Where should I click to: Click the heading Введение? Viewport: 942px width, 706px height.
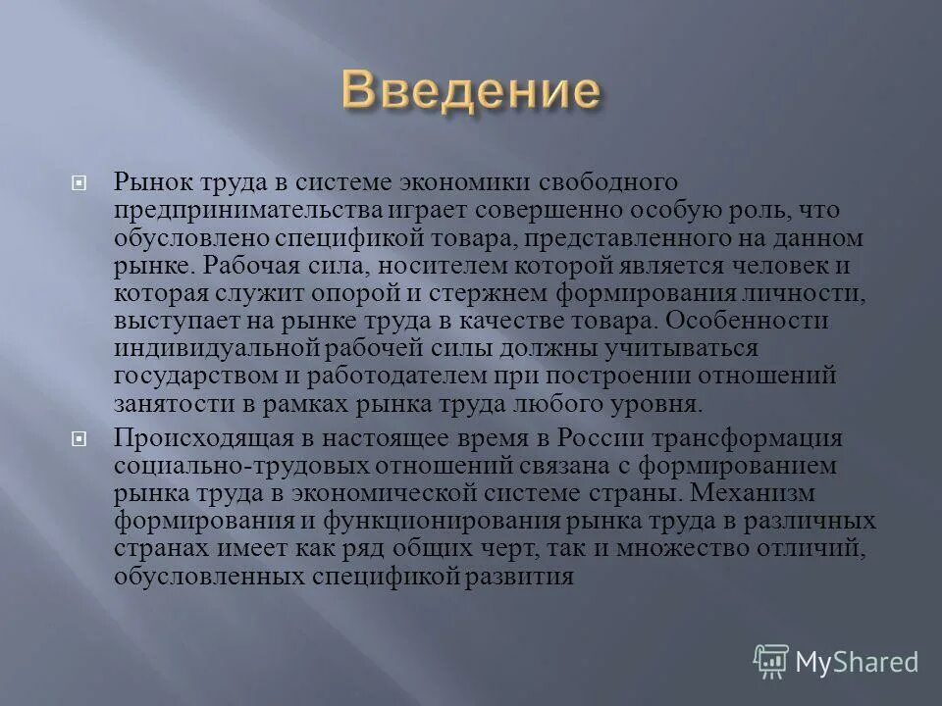pos(471,90)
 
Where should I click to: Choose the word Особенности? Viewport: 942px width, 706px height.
pos(749,321)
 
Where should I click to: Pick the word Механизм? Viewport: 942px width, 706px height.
pos(775,492)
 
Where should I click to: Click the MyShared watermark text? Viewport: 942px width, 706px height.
pos(858,663)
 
